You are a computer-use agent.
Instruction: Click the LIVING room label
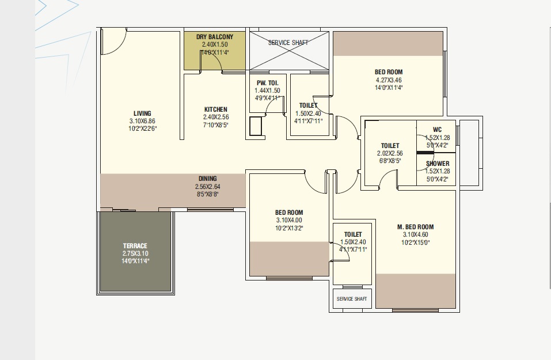click(x=142, y=113)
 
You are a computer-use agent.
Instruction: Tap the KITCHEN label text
click(x=216, y=109)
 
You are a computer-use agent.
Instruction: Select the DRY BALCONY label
click(x=215, y=36)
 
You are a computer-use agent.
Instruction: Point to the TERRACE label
click(x=135, y=246)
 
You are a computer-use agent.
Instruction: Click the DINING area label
click(x=208, y=179)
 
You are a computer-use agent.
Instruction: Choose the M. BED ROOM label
click(x=415, y=227)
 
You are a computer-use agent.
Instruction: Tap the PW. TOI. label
click(x=267, y=83)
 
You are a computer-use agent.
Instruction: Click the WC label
click(x=437, y=130)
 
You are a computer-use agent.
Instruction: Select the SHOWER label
click(x=438, y=164)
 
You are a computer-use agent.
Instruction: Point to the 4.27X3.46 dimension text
click(x=389, y=80)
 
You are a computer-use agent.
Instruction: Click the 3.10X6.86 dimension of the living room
click(x=142, y=121)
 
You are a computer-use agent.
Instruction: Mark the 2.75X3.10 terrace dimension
click(x=135, y=253)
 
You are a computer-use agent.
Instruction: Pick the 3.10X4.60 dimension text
click(x=415, y=234)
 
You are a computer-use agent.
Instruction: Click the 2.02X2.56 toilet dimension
click(x=390, y=153)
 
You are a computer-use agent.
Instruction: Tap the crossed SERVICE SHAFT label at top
click(x=288, y=43)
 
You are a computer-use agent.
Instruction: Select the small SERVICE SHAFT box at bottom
click(x=352, y=299)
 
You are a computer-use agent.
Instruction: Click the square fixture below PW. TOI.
click(x=256, y=126)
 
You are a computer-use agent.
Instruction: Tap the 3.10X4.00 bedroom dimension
click(x=289, y=220)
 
